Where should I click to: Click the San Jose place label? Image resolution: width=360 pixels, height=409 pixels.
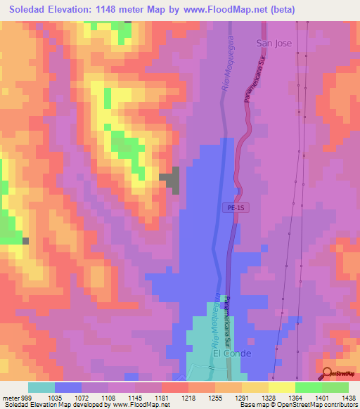[x=274, y=43]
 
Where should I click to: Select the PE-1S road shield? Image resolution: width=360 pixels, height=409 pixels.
[x=236, y=208]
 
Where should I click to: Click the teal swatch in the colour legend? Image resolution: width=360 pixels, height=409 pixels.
[x=41, y=387]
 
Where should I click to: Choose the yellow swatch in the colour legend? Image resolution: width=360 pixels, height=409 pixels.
[x=281, y=387]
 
